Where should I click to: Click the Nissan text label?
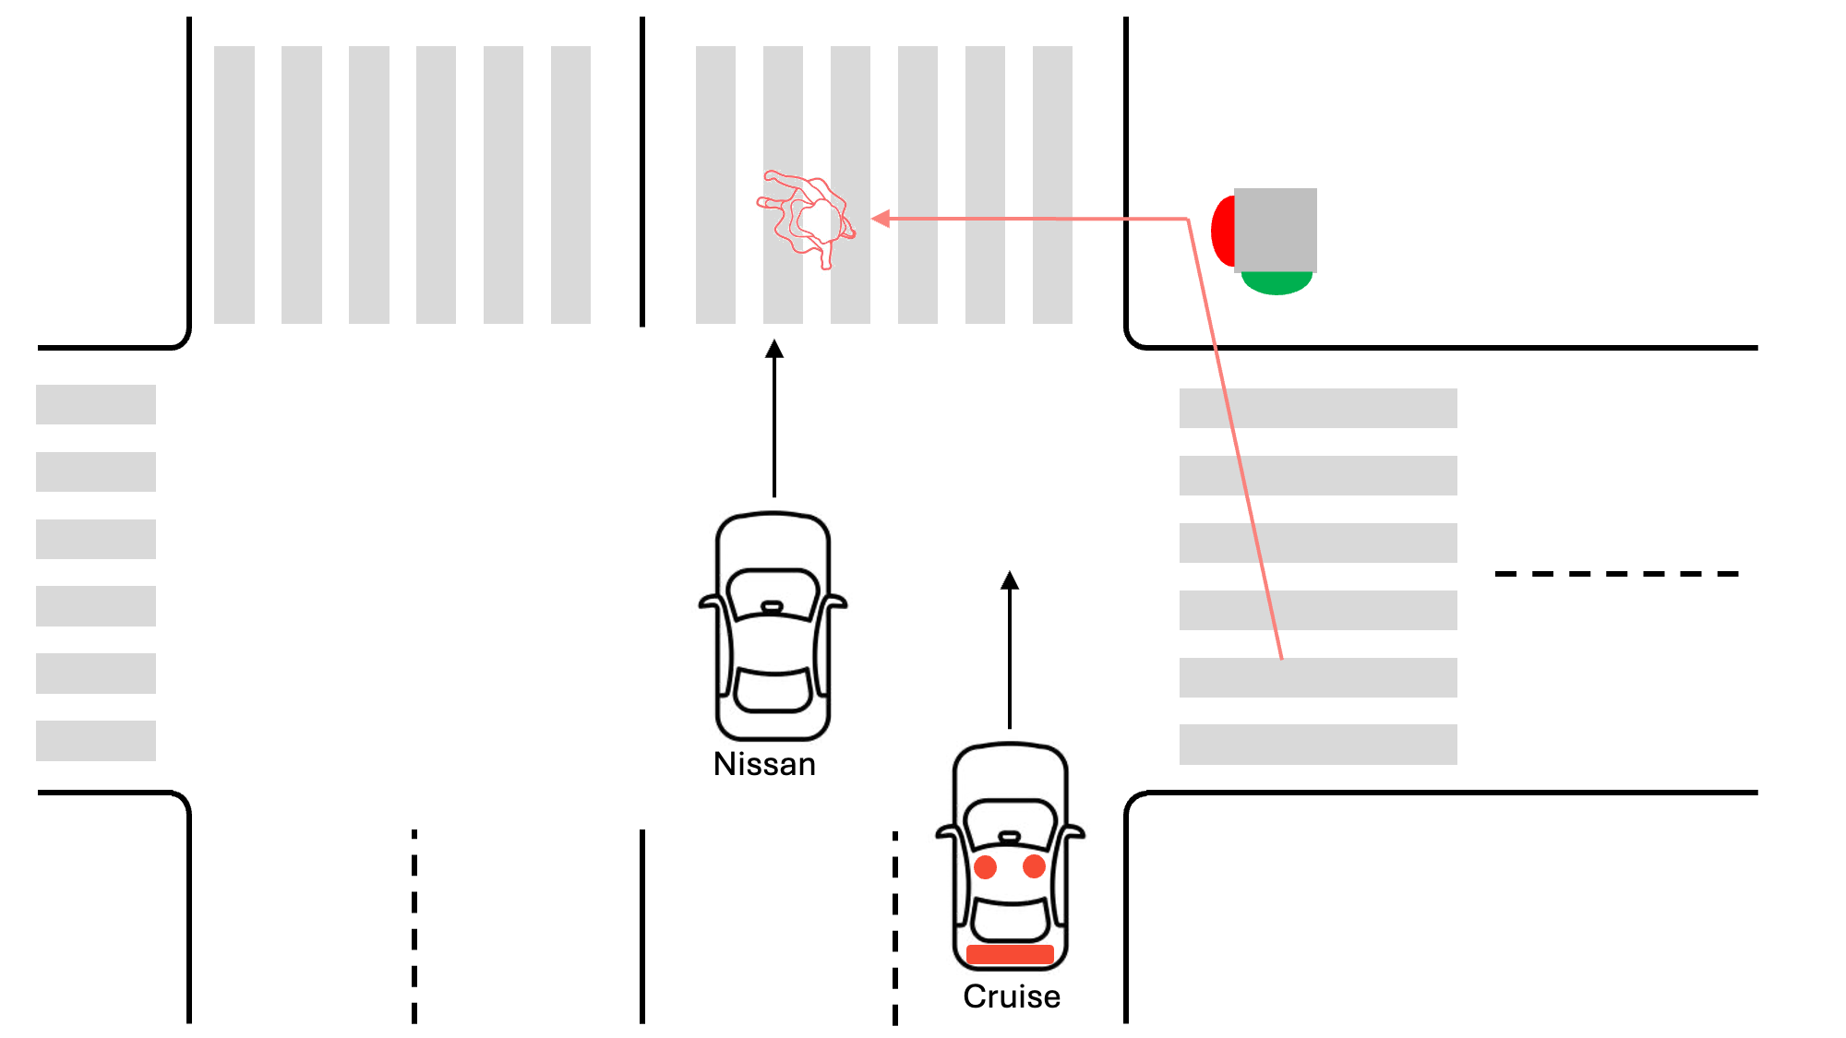click(x=764, y=764)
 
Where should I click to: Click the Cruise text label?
click(x=1012, y=996)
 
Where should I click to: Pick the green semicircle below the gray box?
click(x=1277, y=283)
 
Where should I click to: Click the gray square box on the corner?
click(x=1276, y=230)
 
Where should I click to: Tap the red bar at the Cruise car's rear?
click(x=1010, y=955)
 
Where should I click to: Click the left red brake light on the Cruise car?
click(x=985, y=867)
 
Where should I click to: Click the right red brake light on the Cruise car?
click(x=1035, y=866)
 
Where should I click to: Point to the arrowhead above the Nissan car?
click(x=774, y=349)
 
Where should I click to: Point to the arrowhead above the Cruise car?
click(x=1010, y=580)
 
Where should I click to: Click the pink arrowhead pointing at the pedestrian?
click(x=881, y=219)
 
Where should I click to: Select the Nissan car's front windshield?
click(x=773, y=591)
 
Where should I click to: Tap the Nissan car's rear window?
click(x=773, y=692)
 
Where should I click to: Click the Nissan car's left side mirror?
click(x=710, y=603)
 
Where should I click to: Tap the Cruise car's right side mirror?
click(x=1073, y=833)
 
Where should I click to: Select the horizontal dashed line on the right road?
click(x=1616, y=574)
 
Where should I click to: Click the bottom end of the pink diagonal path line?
click(x=1281, y=657)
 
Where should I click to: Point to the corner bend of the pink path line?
click(x=1188, y=220)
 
